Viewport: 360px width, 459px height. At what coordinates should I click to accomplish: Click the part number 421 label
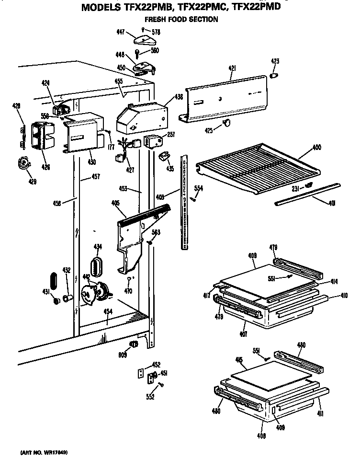click(232, 69)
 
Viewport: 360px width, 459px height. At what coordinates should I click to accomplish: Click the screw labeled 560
click(138, 53)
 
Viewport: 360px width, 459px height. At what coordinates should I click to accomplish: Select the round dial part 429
click(22, 164)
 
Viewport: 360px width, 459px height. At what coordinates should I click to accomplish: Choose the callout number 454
click(108, 311)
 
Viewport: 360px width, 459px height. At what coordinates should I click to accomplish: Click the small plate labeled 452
click(142, 373)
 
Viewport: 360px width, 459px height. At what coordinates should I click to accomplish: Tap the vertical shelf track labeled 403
click(184, 201)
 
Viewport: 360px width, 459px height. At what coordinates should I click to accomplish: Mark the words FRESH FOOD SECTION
click(181, 20)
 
